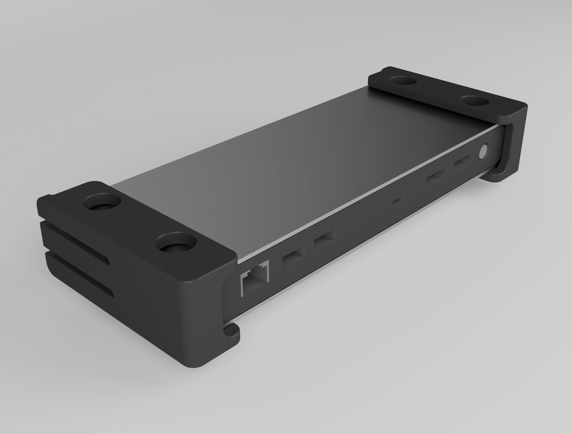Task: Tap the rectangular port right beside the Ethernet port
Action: coord(294,257)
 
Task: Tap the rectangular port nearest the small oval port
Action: coord(437,177)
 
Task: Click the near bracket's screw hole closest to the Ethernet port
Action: coord(176,243)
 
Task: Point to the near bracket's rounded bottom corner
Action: coord(197,363)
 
